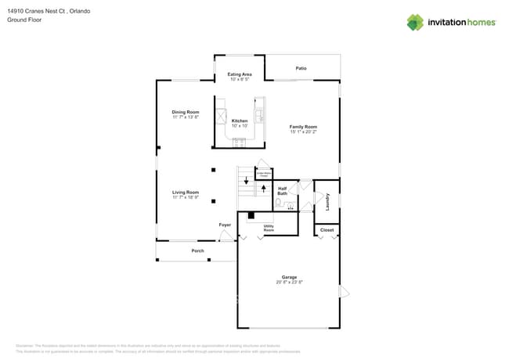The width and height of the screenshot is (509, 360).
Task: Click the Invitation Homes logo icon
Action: pos(415,22)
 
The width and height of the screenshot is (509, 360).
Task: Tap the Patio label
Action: pos(301,68)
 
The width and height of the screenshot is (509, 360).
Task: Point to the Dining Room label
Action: pos(186,112)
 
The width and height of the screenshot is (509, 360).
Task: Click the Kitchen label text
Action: pos(240,121)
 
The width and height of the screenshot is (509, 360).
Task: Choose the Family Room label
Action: pos(303,126)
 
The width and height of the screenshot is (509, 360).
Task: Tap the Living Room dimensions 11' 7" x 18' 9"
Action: pos(186,196)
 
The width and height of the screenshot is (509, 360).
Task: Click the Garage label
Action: pos(289,277)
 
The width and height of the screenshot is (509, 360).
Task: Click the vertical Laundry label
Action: pos(327,201)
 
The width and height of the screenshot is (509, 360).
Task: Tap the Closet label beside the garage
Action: pos(327,230)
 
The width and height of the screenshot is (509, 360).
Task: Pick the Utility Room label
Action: pos(269,229)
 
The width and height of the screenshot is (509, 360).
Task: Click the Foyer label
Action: pos(225,225)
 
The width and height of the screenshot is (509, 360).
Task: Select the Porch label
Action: pos(198,250)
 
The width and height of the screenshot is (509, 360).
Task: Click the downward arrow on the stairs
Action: pos(247,181)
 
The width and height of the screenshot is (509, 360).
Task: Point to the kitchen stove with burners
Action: pos(239,142)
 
